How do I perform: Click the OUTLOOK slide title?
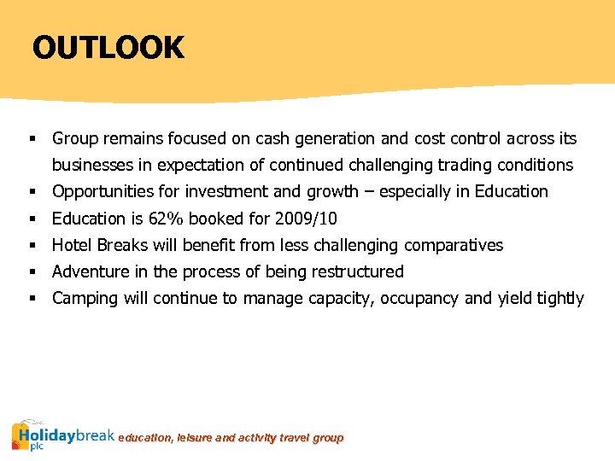click(108, 47)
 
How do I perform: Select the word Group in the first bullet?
click(74, 138)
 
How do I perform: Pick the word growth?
click(332, 192)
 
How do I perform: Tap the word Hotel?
click(72, 245)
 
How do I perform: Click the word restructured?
click(358, 271)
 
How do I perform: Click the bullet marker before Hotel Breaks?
click(32, 246)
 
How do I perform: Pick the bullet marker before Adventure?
click(32, 272)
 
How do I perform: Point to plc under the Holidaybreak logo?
click(36, 446)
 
